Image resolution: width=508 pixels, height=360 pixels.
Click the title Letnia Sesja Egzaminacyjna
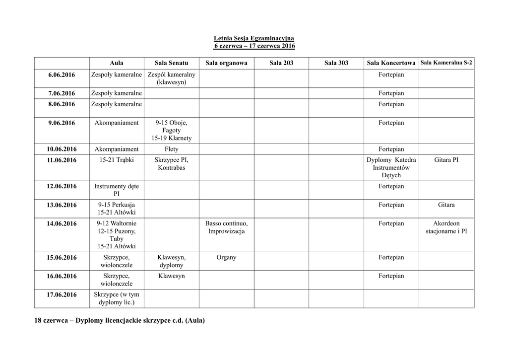[254, 38]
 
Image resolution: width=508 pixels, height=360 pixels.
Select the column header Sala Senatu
[171, 63]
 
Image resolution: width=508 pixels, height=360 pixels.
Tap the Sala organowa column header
[226, 63]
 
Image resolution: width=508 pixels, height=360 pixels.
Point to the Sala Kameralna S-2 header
[446, 63]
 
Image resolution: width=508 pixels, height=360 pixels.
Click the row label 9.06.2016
[62, 123]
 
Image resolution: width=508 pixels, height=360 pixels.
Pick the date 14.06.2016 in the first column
[62, 224]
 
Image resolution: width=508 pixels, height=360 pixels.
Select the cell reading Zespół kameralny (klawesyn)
[171, 78]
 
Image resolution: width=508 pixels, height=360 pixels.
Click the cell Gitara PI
[446, 160]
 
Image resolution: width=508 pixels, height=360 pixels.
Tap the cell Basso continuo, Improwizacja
[226, 227]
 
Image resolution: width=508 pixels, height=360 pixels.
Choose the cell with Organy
[226, 258]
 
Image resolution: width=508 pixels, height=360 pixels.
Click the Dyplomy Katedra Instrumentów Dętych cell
[391, 167]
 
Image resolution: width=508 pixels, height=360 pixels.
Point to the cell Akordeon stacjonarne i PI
[446, 227]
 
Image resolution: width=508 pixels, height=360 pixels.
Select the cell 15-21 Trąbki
[117, 160]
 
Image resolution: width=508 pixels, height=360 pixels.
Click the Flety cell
[171, 149]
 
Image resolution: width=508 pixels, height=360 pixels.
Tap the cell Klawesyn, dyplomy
[171, 261]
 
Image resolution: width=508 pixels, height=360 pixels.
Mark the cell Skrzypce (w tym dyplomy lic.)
[117, 298]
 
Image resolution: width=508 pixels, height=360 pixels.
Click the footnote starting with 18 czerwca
[120, 321]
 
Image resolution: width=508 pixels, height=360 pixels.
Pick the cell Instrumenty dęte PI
[117, 190]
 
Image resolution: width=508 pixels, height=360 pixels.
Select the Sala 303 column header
[336, 63]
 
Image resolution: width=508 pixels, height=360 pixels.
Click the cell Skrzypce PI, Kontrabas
[171, 164]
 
